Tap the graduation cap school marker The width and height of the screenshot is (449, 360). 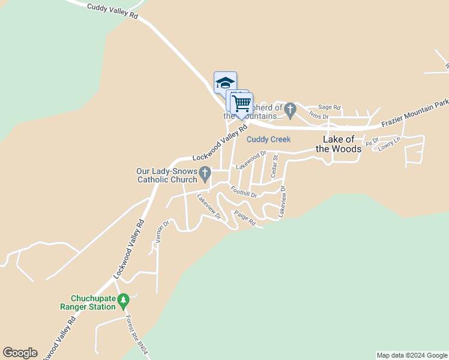225,83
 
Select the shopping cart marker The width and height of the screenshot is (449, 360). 241,103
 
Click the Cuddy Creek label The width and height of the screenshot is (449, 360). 268,139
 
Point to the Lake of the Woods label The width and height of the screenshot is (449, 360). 339,144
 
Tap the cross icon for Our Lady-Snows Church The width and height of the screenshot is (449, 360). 205,175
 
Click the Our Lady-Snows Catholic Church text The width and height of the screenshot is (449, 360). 167,175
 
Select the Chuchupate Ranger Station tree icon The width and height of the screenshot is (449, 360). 123,299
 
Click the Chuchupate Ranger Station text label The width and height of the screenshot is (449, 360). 92,302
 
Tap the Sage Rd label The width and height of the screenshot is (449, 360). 329,107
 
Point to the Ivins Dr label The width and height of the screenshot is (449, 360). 318,115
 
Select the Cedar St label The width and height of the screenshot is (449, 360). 275,166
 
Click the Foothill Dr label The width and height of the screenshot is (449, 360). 244,192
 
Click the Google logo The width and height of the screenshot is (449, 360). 20,353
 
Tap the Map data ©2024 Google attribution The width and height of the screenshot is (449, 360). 412,355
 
